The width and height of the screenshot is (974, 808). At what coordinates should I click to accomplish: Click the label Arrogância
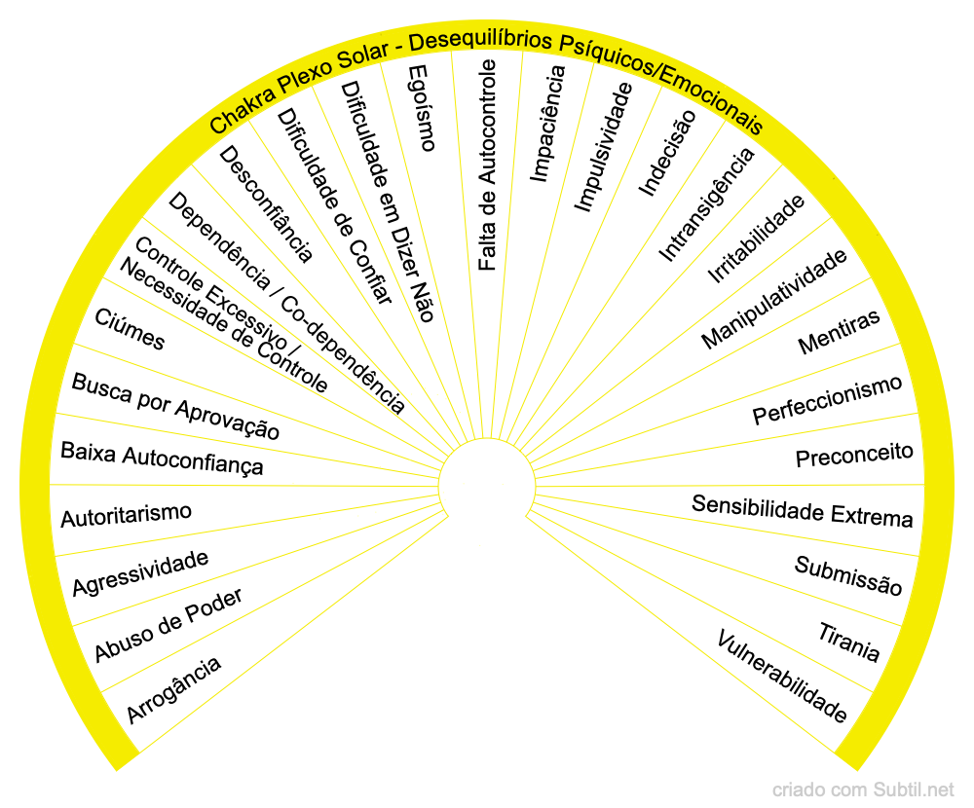tap(174, 689)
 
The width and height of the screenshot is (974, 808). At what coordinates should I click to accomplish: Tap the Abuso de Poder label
tap(169, 624)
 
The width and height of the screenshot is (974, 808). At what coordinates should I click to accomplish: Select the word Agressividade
tap(141, 573)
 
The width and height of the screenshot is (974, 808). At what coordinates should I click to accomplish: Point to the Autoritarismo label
tap(126, 514)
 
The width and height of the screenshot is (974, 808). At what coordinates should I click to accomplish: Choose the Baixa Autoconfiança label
tap(162, 458)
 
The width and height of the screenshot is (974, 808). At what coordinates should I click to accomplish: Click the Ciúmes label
tap(130, 329)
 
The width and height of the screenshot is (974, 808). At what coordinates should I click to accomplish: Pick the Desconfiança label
tap(266, 204)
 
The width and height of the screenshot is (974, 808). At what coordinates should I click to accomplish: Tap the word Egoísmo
tap(421, 108)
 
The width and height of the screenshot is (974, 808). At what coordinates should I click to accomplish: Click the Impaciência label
tap(546, 124)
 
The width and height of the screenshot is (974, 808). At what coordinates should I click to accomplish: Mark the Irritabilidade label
tap(756, 239)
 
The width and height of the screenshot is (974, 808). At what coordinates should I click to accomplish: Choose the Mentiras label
tap(839, 332)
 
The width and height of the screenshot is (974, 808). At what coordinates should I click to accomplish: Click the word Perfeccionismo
tap(828, 399)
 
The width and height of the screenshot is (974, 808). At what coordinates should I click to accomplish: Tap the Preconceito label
tap(854, 455)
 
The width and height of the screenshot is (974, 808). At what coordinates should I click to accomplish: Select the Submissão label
tap(848, 575)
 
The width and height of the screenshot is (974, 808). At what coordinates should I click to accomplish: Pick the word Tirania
tap(849, 641)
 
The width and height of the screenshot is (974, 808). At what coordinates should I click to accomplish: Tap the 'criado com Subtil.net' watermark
tap(863, 790)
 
